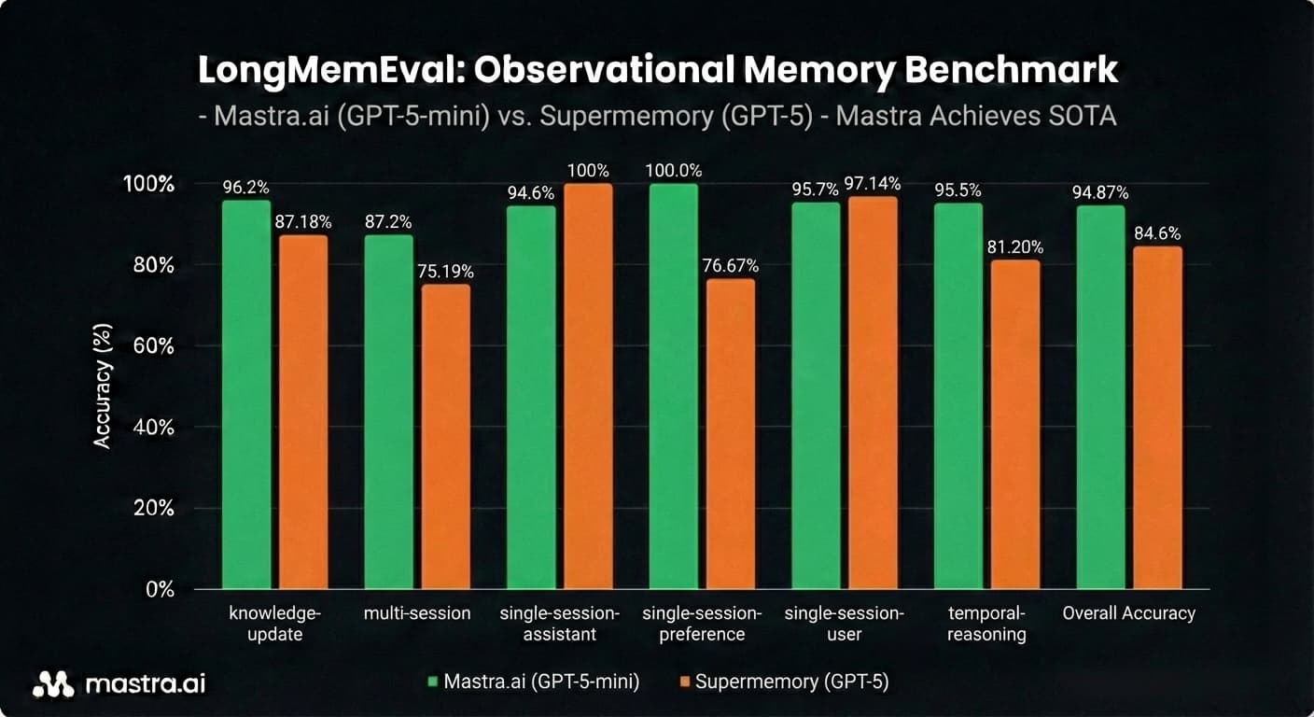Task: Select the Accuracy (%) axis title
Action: point(103,387)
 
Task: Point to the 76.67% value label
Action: point(731,266)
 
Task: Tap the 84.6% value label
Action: point(1158,233)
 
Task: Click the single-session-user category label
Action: point(844,624)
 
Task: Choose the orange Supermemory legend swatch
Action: point(684,682)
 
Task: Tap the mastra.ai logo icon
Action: point(52,684)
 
